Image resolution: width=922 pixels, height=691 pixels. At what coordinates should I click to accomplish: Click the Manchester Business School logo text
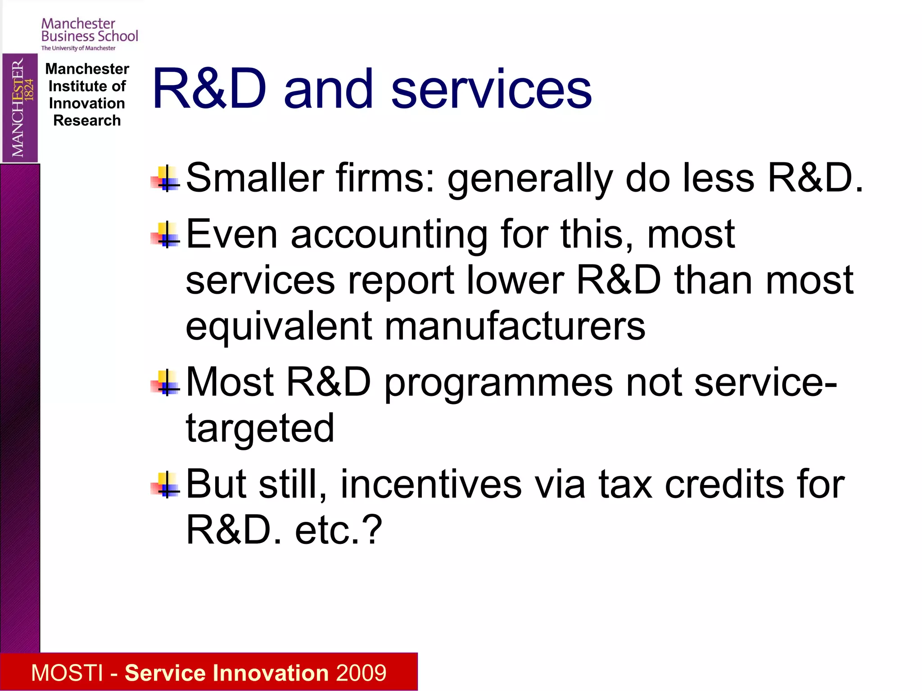(x=89, y=31)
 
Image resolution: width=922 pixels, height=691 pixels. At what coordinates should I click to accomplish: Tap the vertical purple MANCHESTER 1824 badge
(x=20, y=108)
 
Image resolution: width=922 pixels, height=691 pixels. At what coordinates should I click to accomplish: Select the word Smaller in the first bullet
(x=255, y=178)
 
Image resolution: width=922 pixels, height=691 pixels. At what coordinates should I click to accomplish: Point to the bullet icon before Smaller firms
(x=166, y=179)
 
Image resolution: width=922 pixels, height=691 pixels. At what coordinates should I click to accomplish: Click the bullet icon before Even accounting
(x=166, y=235)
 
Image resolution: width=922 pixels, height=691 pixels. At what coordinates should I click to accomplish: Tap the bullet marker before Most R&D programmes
(x=166, y=383)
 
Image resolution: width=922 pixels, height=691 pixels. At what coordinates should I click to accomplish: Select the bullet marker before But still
(x=166, y=485)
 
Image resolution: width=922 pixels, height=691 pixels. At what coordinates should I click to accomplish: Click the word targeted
(x=260, y=428)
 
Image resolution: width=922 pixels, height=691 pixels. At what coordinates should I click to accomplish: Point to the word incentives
(x=431, y=485)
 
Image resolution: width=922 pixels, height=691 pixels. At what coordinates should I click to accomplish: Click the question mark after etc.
(x=373, y=530)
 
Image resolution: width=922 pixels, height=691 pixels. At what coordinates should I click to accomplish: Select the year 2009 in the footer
(x=361, y=673)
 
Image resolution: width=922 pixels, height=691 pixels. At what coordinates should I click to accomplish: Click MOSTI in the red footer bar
(x=67, y=673)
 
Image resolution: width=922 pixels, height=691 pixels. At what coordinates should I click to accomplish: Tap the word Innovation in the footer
(x=273, y=673)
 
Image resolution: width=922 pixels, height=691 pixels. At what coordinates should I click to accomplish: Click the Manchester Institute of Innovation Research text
(x=87, y=95)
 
